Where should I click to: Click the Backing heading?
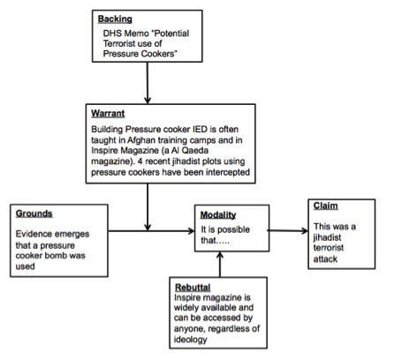pos(115,19)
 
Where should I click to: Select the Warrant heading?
pos(108,114)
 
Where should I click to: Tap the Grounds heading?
pos(34,214)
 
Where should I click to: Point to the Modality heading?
pos(218,215)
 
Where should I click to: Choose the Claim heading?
pos(325,206)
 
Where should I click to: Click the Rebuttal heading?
pos(193,287)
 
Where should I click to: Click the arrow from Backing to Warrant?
pos(148,83)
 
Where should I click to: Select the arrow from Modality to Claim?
pos(288,231)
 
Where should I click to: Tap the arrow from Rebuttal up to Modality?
pos(220,265)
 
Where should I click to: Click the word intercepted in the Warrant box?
pos(228,172)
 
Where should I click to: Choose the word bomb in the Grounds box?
pos(58,255)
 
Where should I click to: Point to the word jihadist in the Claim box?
pos(327,237)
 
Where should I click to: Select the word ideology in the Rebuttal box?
pos(191,340)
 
